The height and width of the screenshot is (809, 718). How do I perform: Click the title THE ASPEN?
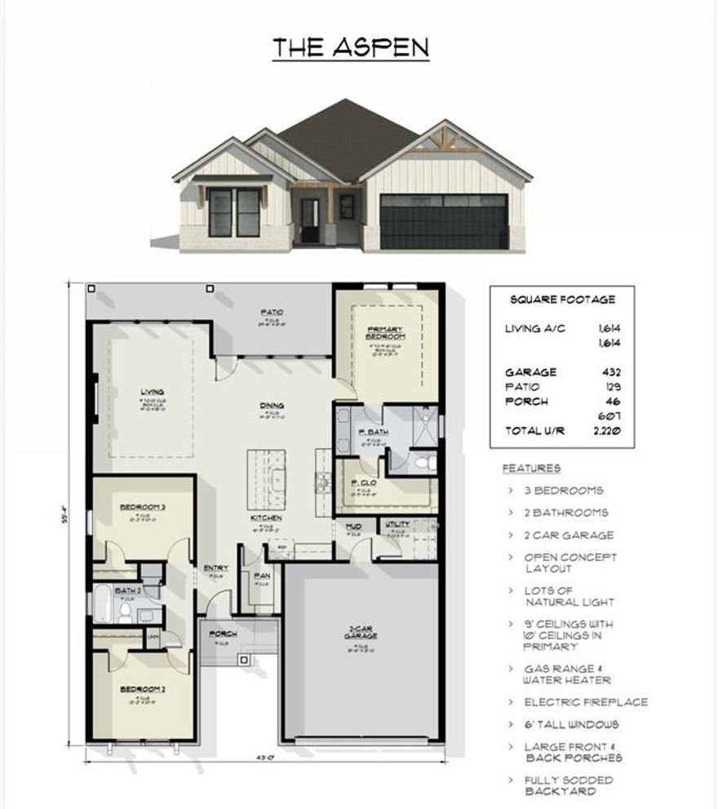coord(351,47)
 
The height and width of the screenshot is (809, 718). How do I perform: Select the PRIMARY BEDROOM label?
coord(386,332)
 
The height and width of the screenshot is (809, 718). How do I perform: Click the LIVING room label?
coord(152,393)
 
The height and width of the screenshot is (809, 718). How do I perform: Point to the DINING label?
coord(272,405)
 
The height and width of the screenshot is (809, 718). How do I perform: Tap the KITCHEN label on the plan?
coord(267,518)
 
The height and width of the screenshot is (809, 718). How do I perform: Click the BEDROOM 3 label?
coord(143,507)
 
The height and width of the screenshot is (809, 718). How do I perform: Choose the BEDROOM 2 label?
coord(143,689)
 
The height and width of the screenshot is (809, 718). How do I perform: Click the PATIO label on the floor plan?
coord(272,312)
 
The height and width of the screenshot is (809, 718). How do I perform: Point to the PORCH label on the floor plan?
coord(223,633)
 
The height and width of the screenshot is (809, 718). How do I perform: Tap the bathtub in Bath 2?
coord(103,605)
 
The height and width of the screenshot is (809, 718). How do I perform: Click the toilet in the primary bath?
coord(422,463)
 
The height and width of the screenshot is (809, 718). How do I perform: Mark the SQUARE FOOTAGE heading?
coord(562,300)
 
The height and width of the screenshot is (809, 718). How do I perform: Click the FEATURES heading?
coord(531,469)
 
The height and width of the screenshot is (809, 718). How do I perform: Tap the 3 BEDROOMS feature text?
coord(564,491)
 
